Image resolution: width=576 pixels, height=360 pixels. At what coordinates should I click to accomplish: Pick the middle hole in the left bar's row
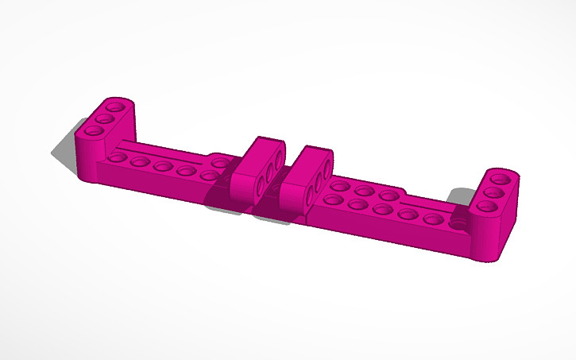coord(164,166)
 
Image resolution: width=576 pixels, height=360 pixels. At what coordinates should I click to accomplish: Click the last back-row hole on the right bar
coord(389,195)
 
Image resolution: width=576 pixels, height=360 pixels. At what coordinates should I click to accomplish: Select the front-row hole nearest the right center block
coord(334,201)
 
